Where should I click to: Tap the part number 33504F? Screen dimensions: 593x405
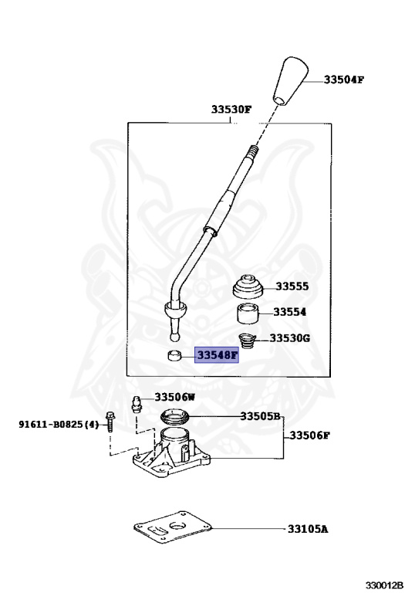coord(343,79)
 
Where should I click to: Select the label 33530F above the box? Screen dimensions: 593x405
coord(231,110)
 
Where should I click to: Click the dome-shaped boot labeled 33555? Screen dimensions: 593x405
coord(249,287)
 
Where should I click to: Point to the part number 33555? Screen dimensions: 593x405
coord(292,286)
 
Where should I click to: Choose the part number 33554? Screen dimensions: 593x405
coord(291,313)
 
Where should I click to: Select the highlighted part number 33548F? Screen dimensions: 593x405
coord(217,356)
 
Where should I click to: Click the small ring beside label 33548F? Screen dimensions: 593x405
coord(175,356)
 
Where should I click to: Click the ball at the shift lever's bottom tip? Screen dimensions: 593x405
coord(175,337)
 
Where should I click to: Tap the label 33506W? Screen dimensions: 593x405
coord(174,397)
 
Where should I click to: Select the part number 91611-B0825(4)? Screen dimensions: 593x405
coord(59,424)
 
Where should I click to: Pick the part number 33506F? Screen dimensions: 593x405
coord(310,435)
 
